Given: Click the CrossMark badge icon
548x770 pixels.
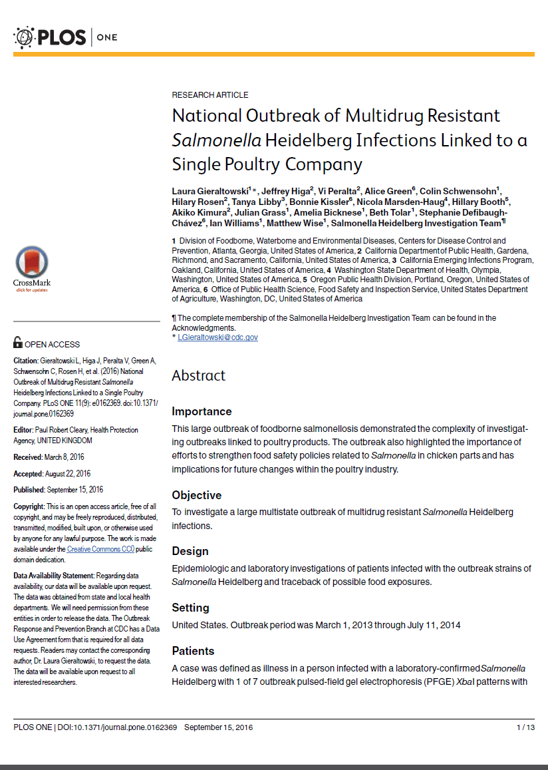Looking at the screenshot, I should pyautogui.click(x=32, y=264).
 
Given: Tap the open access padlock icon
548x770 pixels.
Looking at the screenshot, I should pyautogui.click(x=18, y=343).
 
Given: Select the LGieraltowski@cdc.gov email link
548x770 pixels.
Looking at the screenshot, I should pyautogui.click(x=217, y=337).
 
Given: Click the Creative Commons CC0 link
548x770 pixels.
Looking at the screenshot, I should pyautogui.click(x=100, y=549).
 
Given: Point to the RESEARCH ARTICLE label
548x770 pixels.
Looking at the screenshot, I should pyautogui.click(x=210, y=95).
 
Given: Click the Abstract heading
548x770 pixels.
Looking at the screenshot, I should pyautogui.click(x=199, y=375).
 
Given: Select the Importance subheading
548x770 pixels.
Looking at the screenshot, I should pyautogui.click(x=202, y=411).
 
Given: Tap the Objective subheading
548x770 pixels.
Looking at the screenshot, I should pyautogui.click(x=196, y=495).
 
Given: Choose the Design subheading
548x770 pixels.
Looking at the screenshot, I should pyautogui.click(x=190, y=551).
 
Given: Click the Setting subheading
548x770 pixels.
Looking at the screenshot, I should pyautogui.click(x=190, y=608).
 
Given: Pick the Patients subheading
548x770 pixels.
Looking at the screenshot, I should pyautogui.click(x=193, y=650).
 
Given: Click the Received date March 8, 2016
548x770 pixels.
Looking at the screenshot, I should pyautogui.click(x=65, y=457).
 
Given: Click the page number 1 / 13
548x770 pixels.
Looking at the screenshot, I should pyautogui.click(x=525, y=727).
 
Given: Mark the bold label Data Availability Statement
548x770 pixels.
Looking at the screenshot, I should pyautogui.click(x=54, y=575).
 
